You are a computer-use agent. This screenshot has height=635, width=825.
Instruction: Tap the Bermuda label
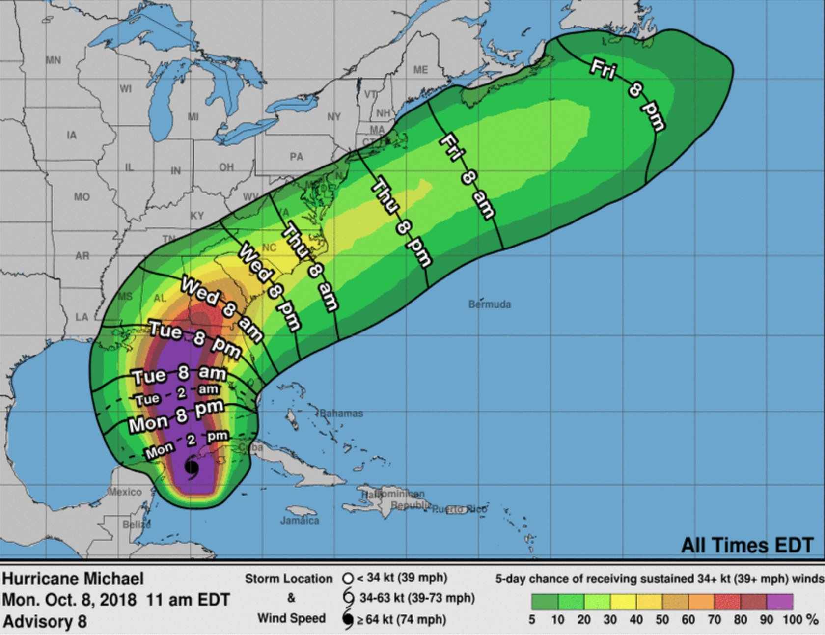(490, 304)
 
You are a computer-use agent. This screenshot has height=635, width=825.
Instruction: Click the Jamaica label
(300, 520)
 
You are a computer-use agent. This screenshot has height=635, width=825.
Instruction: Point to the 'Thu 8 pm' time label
(401, 223)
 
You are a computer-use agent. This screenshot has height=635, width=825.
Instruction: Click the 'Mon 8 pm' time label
(176, 415)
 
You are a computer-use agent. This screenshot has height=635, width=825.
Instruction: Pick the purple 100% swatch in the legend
(780, 602)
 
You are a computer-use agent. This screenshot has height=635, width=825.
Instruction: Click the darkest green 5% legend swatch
(544, 602)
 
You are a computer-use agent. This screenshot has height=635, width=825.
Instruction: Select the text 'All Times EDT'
(747, 546)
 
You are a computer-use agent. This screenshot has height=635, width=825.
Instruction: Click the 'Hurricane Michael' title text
(73, 579)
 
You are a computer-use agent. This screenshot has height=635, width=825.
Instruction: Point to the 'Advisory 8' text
(44, 622)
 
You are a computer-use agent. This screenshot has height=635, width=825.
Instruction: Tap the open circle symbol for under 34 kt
(348, 579)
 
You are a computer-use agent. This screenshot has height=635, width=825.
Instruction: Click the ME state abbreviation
(420, 70)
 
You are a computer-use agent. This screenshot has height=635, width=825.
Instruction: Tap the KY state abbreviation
(197, 216)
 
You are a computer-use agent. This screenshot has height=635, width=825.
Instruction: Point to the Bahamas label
(341, 414)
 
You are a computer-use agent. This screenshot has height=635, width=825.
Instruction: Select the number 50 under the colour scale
(662, 620)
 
